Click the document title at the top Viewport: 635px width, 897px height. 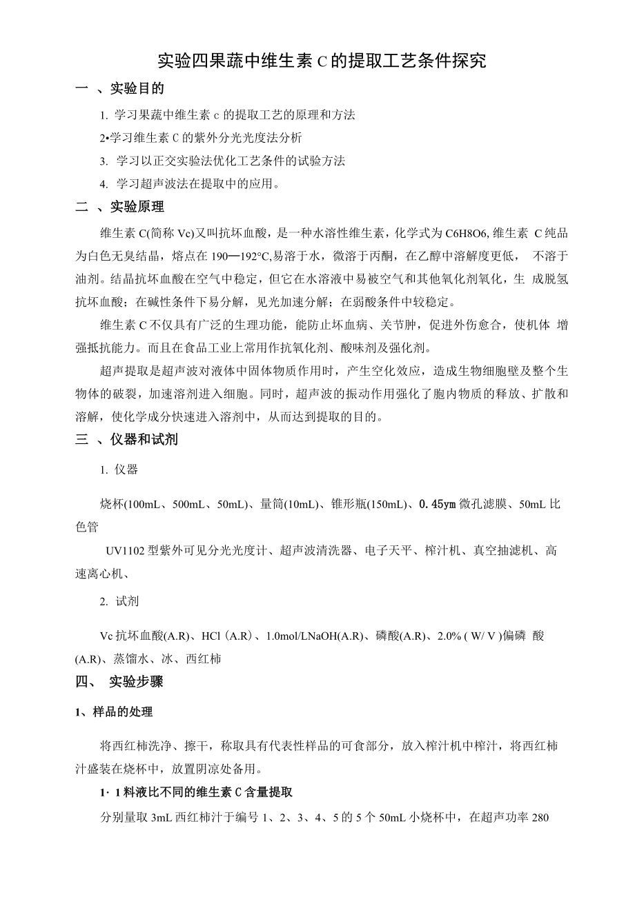(x=322, y=61)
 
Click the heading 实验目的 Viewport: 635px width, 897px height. (x=137, y=88)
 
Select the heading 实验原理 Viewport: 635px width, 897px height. (x=137, y=207)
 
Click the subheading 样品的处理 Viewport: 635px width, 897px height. (x=122, y=712)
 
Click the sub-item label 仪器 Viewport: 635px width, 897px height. (x=126, y=470)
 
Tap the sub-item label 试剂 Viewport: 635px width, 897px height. (x=127, y=601)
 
